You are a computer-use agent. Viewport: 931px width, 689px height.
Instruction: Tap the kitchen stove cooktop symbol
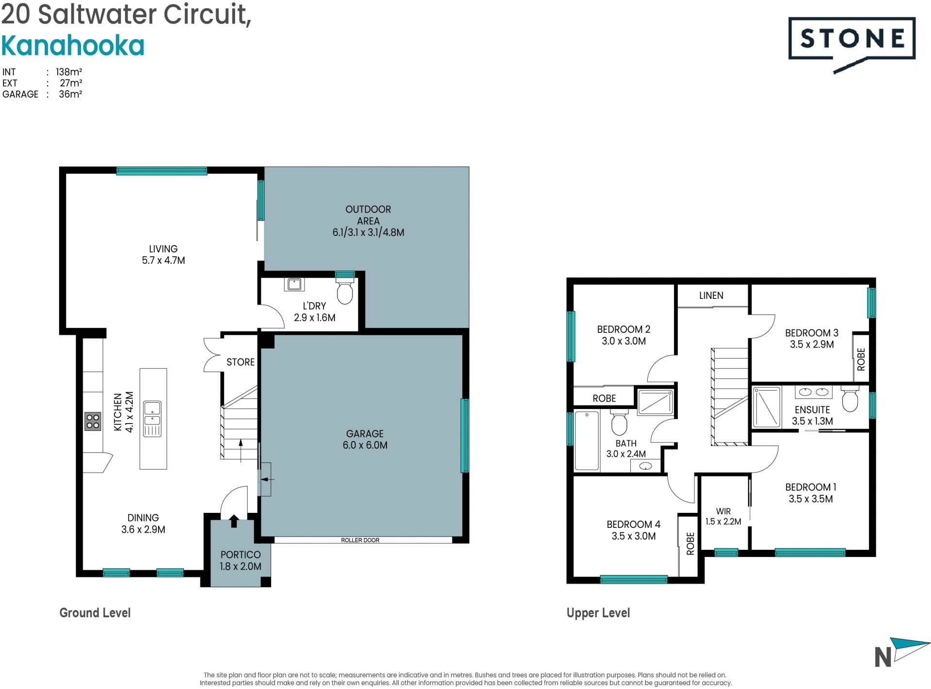[93, 421]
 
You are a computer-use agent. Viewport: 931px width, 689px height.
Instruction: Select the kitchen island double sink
[152, 419]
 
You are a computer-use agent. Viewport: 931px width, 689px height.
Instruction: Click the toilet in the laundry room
[345, 290]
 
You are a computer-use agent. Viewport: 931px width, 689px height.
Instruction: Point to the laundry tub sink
[294, 284]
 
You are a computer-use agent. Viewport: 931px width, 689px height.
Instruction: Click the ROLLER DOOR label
[360, 540]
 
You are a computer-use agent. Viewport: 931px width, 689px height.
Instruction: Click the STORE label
[241, 362]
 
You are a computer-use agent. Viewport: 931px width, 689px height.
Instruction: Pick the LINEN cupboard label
[711, 295]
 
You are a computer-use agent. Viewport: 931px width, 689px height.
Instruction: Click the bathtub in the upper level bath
[587, 441]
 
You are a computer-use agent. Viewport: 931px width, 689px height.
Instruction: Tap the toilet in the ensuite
[850, 399]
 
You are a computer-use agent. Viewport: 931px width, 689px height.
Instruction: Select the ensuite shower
[767, 407]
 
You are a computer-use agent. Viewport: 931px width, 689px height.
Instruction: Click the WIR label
[723, 511]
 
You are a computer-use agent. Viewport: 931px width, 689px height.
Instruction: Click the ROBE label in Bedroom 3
[861, 360]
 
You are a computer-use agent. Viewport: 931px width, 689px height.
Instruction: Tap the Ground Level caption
[95, 613]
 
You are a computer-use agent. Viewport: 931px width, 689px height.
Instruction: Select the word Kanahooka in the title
[73, 46]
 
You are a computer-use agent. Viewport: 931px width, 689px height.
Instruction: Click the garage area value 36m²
[70, 94]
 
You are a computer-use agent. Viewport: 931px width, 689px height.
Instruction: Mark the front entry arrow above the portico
[234, 521]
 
